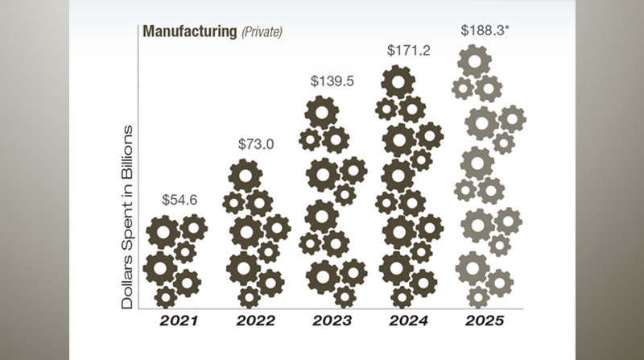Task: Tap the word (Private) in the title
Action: [x=262, y=32]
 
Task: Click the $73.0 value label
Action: [x=255, y=144]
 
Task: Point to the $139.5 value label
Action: [x=332, y=81]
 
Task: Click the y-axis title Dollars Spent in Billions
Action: [x=127, y=217]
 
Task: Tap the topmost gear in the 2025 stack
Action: [x=474, y=61]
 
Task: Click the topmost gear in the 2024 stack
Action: [x=398, y=81]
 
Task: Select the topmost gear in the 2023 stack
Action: [x=321, y=113]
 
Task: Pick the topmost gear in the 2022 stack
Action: [x=245, y=175]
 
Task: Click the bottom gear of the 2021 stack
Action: [x=166, y=296]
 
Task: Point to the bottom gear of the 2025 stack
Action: [x=478, y=297]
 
